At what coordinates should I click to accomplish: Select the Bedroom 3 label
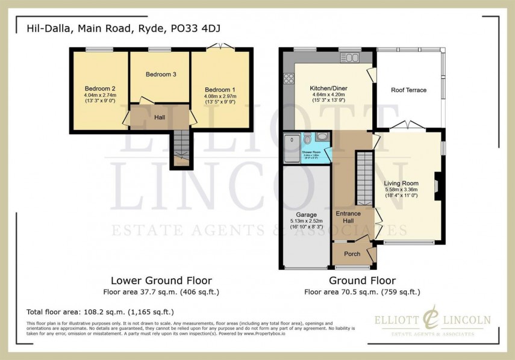coord(161,75)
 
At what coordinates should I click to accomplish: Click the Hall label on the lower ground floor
coord(160,117)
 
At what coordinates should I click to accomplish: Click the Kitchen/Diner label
coord(328,88)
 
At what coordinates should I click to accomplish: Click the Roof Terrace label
coord(408,90)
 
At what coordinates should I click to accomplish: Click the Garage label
coord(306,214)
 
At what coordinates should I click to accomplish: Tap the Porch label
coord(352,253)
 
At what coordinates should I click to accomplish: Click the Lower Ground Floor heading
coord(161,281)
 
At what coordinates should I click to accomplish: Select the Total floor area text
coord(100,312)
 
